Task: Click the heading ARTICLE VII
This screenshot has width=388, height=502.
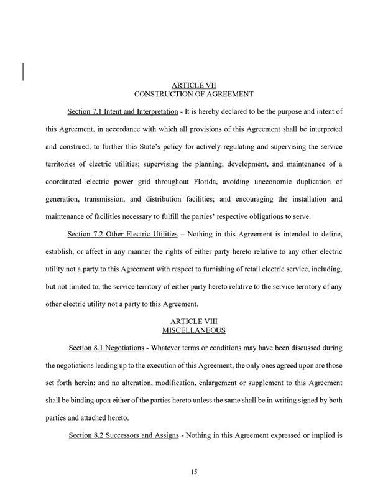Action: [x=193, y=84]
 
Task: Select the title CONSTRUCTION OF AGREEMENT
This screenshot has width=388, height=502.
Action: [x=193, y=94]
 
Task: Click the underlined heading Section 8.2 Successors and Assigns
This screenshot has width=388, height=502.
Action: [x=121, y=436]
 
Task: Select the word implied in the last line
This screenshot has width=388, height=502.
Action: [x=318, y=436]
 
